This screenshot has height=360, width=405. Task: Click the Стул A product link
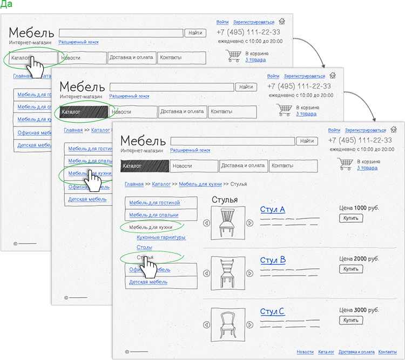click(x=272, y=210)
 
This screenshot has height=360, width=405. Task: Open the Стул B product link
click(x=273, y=261)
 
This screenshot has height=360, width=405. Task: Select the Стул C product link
click(x=272, y=312)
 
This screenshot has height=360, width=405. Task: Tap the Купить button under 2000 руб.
click(x=351, y=269)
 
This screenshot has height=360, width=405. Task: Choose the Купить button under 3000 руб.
click(x=351, y=321)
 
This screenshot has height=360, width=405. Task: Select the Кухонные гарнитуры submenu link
click(x=161, y=237)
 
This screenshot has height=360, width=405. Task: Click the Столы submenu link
click(x=144, y=247)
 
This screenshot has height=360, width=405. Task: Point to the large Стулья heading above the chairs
click(x=225, y=200)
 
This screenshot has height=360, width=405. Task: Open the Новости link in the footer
click(x=305, y=352)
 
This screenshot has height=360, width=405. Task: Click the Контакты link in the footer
click(x=387, y=352)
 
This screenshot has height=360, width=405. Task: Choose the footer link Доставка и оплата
click(x=357, y=352)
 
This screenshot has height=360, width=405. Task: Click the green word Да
click(x=7, y=4)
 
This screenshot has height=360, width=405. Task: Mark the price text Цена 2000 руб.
click(x=359, y=259)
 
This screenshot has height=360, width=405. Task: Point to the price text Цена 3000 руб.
click(x=359, y=310)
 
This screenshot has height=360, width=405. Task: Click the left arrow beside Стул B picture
click(x=206, y=274)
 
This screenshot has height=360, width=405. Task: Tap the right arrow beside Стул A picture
click(x=249, y=223)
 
